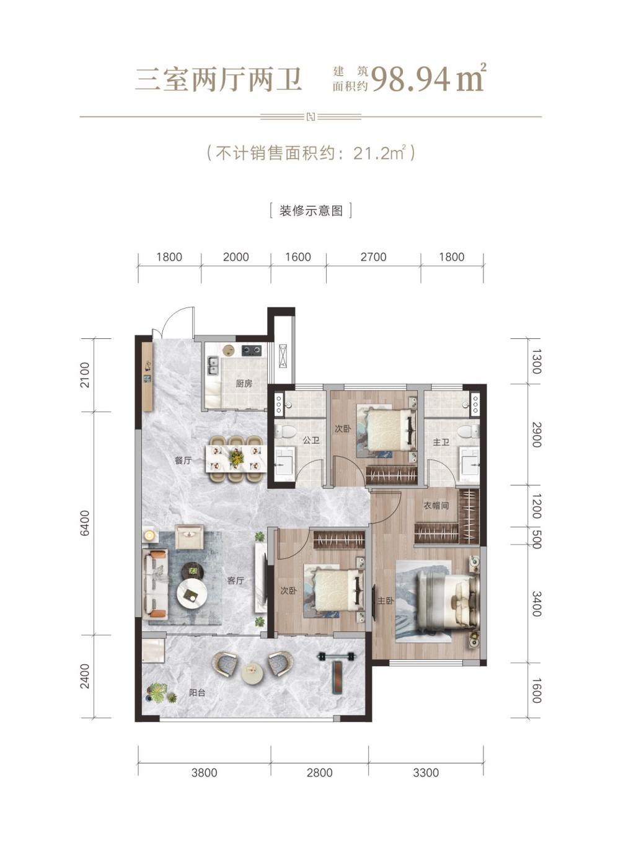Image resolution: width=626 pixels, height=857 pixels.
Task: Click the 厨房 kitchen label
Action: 244,384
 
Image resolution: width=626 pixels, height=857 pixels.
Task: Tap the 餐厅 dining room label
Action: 183,460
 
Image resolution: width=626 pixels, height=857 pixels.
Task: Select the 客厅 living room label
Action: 236,581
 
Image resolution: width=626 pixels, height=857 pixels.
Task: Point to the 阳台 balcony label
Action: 197,693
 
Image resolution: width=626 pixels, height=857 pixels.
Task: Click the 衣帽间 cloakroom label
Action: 436,506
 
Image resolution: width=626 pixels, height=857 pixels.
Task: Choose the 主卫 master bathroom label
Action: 441,442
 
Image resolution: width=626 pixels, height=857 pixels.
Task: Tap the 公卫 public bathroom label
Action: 311,441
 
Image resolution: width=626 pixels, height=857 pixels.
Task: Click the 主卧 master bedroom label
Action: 386,601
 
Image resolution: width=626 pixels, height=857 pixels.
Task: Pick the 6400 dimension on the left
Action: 84,523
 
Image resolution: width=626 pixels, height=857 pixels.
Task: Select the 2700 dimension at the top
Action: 373,257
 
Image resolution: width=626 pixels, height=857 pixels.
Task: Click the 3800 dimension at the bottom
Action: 205,773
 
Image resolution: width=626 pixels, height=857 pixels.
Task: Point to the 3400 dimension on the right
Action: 537,604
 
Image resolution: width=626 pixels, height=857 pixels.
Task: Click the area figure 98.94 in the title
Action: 410,79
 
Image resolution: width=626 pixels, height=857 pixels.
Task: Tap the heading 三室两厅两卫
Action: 219,79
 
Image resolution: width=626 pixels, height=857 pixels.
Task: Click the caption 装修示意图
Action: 311,211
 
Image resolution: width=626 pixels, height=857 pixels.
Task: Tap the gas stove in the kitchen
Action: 252,349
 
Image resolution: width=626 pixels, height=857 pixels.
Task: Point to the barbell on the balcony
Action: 337,656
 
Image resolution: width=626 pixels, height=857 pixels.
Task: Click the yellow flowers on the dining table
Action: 237,457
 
